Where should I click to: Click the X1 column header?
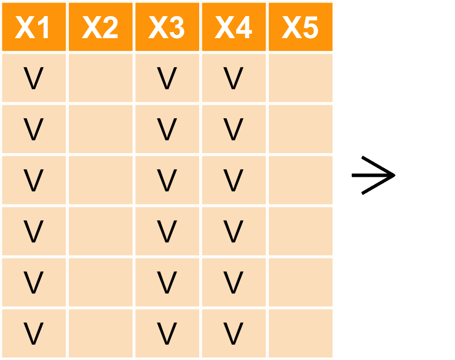click(33, 28)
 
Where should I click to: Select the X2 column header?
click(100, 28)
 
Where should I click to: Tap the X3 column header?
click(167, 28)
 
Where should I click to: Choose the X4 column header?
click(233, 28)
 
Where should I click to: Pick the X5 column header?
click(300, 28)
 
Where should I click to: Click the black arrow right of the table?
click(373, 176)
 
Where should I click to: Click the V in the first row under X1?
click(33, 78)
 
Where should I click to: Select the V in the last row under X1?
click(33, 334)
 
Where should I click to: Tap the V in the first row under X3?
click(167, 78)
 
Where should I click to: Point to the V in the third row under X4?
click(233, 180)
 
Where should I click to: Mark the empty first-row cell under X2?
click(100, 78)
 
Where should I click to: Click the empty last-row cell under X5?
click(300, 334)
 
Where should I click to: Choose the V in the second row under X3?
click(167, 129)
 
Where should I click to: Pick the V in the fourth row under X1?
click(33, 231)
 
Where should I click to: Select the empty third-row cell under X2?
click(100, 180)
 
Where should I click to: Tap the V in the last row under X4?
click(233, 334)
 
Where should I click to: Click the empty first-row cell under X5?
click(300, 78)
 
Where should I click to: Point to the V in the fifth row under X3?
click(167, 282)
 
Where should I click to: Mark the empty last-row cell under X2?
click(100, 334)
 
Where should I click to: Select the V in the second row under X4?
click(233, 129)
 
